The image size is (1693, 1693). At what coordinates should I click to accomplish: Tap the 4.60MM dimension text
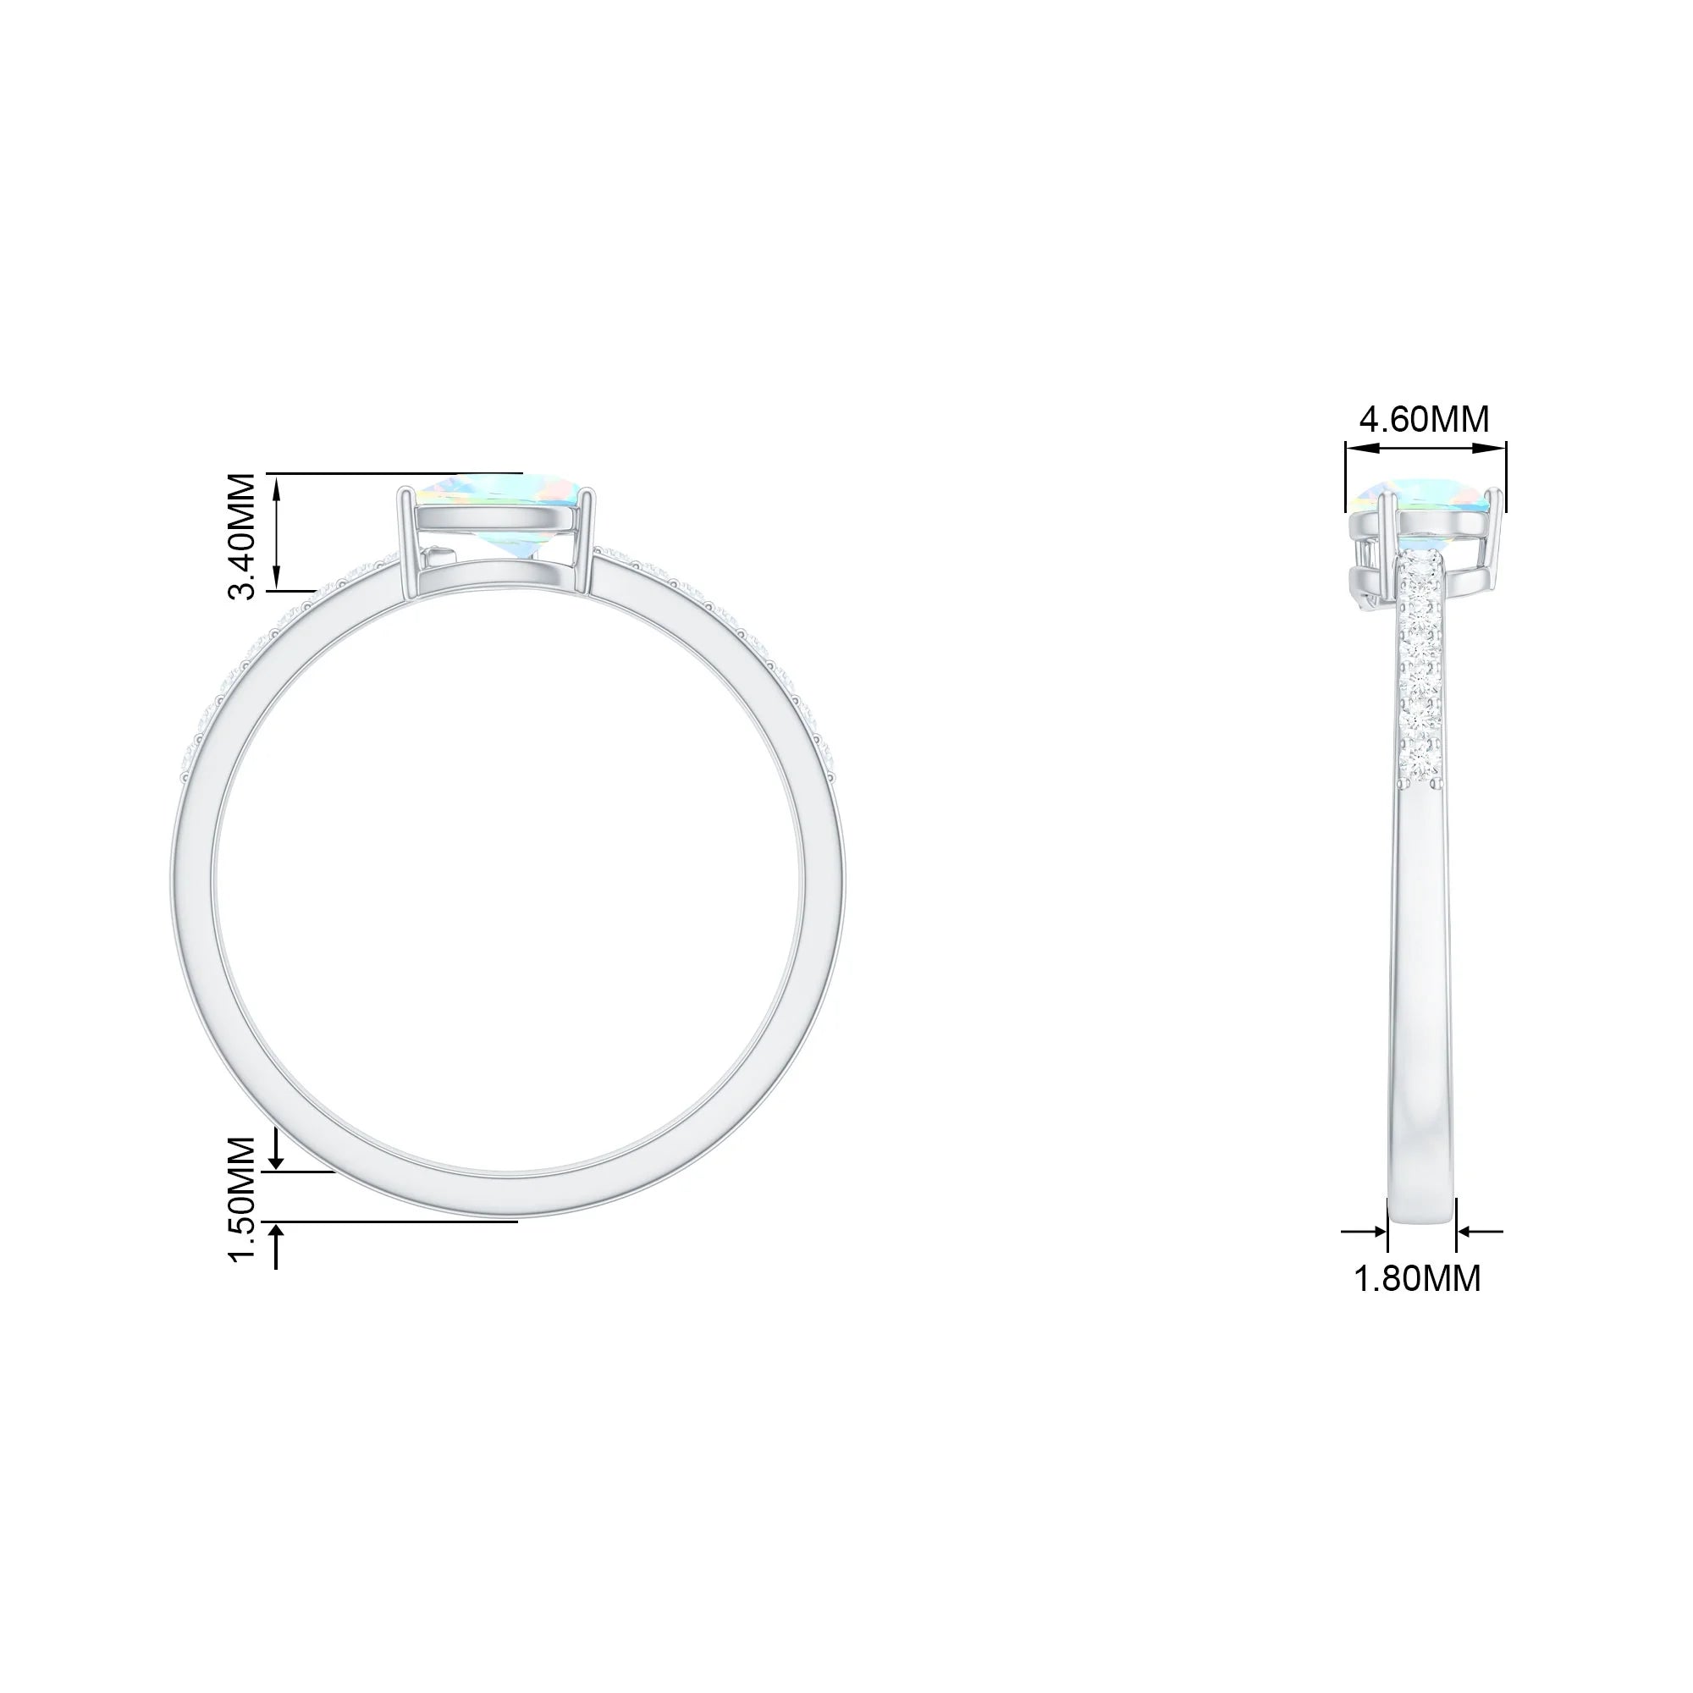tap(1424, 420)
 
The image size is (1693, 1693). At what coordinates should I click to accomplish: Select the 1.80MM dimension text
tap(1418, 1278)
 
